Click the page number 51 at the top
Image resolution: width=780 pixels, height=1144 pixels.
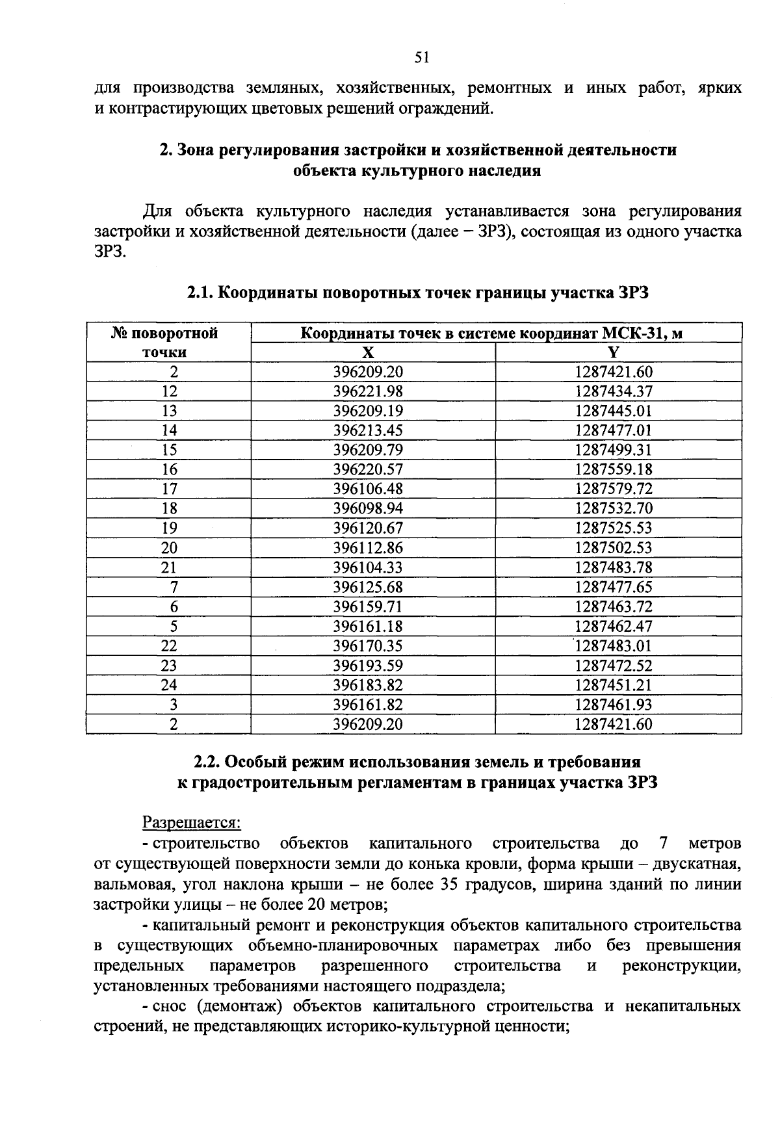[x=422, y=58]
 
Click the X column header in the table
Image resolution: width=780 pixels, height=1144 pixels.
[x=368, y=352]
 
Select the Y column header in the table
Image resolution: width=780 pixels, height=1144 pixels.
[x=614, y=352]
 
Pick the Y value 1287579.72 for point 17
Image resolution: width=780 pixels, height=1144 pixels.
[x=614, y=489]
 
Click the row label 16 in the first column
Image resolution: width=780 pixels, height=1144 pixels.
[x=169, y=469]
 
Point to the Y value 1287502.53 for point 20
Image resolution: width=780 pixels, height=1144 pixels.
[x=614, y=547]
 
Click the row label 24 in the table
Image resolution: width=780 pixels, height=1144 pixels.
[x=169, y=685]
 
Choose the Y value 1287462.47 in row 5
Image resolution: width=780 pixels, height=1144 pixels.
[x=614, y=627]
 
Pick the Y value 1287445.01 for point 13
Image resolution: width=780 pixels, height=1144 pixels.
[x=614, y=411]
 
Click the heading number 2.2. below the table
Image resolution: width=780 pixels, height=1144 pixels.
[x=208, y=761]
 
